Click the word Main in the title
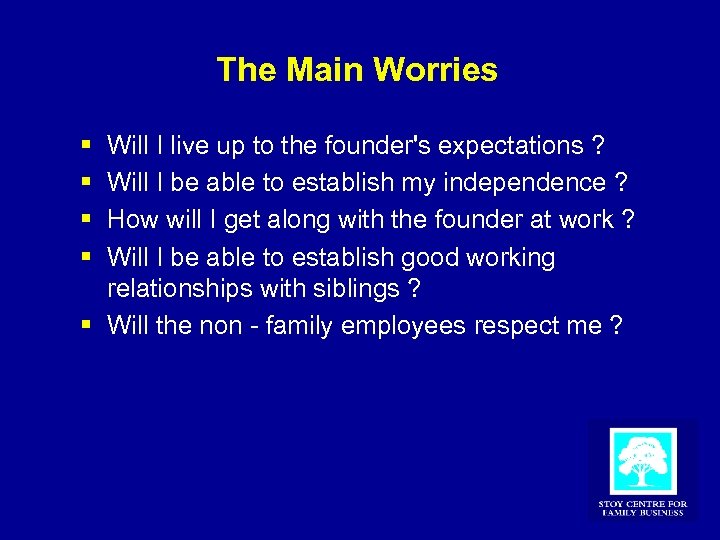pyautogui.click(x=326, y=70)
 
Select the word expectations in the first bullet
pyautogui.click(x=513, y=146)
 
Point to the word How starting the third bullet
pyautogui.click(x=130, y=220)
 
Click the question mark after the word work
pyautogui.click(x=627, y=220)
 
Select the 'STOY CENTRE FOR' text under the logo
pyautogui.click(x=642, y=504)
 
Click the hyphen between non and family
pyautogui.click(x=257, y=327)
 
